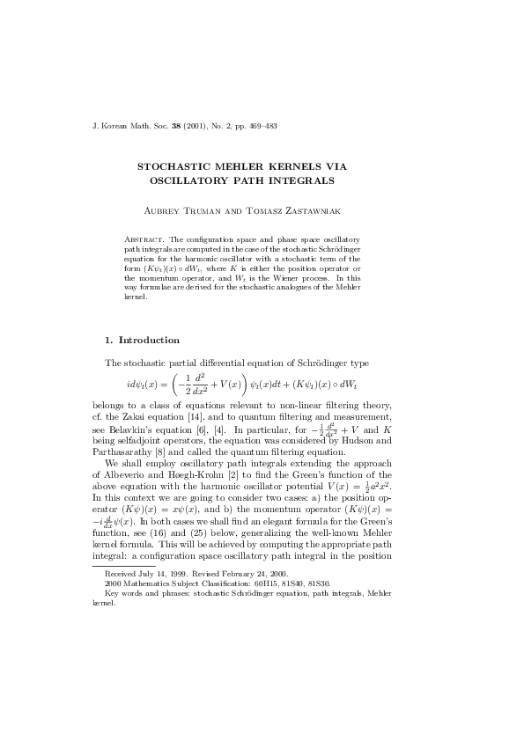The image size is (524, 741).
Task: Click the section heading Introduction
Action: coord(149,340)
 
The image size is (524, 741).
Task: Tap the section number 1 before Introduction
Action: coord(107,340)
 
